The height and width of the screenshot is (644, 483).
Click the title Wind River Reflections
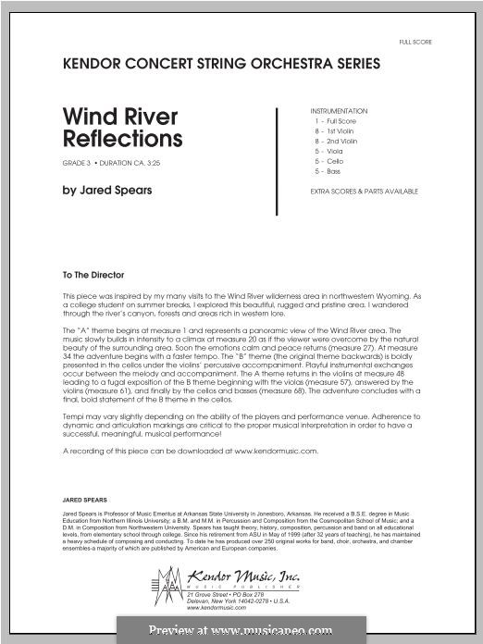[122, 129]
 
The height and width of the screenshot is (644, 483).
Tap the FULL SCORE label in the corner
[415, 43]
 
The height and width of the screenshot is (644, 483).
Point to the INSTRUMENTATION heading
[339, 111]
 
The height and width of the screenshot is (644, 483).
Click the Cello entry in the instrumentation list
[329, 160]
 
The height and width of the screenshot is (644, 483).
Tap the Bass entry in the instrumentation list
[328, 170]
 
